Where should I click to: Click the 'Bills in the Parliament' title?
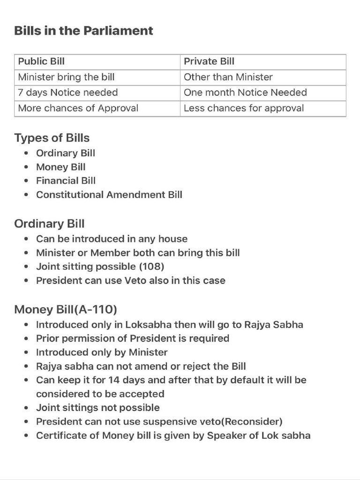click(83, 31)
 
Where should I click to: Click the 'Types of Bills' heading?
click(52, 138)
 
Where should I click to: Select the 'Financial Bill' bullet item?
click(66, 180)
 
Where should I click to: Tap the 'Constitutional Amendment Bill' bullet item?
click(109, 194)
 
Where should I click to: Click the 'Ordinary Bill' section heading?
click(49, 224)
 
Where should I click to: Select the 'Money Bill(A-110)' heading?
click(66, 309)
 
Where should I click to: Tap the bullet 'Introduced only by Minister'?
click(102, 352)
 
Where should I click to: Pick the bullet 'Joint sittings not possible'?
click(97, 407)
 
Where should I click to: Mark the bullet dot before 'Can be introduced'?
click(27, 239)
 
